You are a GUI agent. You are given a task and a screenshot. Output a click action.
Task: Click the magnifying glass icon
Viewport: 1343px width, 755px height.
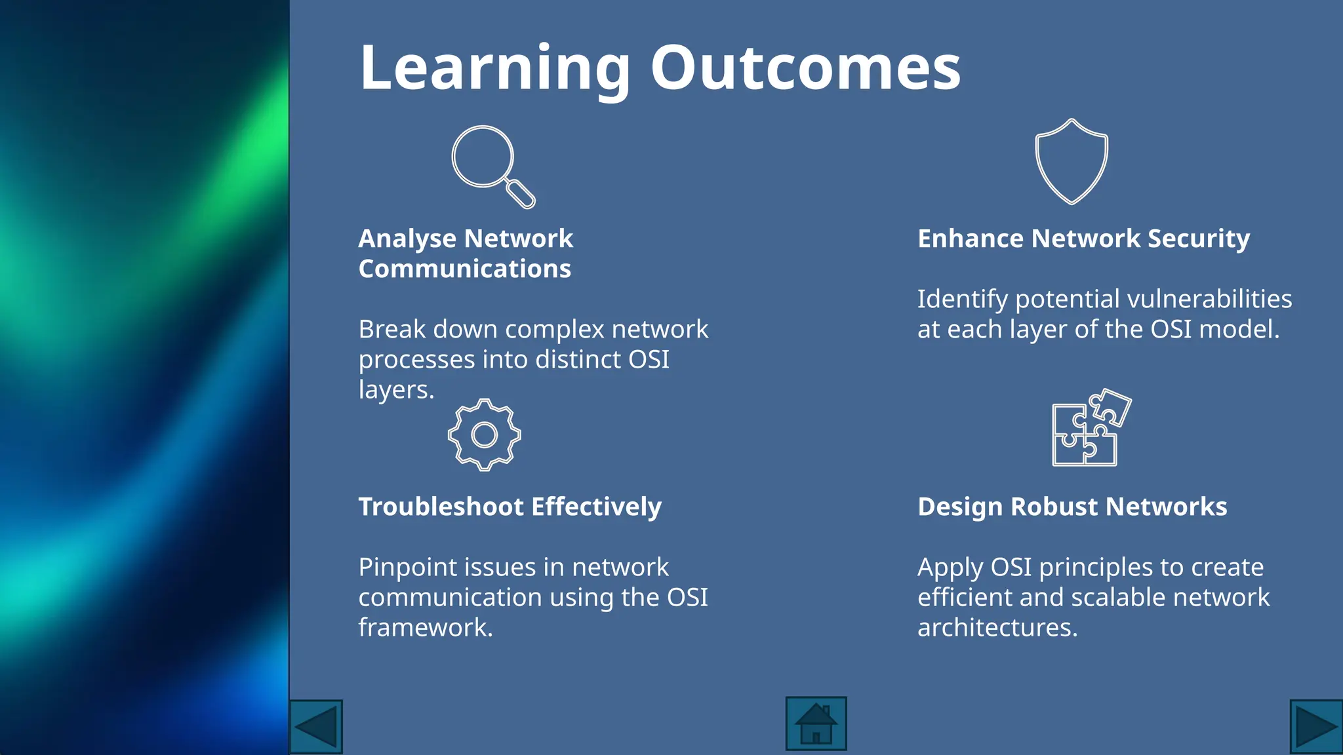click(492, 166)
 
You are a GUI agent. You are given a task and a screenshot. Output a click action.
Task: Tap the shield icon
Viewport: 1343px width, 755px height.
click(1072, 161)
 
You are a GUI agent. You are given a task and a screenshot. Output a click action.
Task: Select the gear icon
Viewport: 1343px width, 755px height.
click(485, 435)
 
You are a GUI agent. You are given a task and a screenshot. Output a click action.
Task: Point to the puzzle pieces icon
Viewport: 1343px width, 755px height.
click(1090, 428)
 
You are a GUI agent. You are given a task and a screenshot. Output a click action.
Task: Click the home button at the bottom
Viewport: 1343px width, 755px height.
click(816, 724)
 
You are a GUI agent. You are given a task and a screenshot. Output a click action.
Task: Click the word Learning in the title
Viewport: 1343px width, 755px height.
click(495, 68)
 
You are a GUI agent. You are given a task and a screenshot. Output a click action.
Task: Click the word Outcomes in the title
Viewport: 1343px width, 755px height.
click(805, 68)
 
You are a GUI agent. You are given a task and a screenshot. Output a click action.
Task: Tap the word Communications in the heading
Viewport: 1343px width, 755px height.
click(464, 269)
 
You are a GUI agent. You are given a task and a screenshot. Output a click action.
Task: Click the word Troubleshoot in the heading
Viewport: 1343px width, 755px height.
click(441, 507)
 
